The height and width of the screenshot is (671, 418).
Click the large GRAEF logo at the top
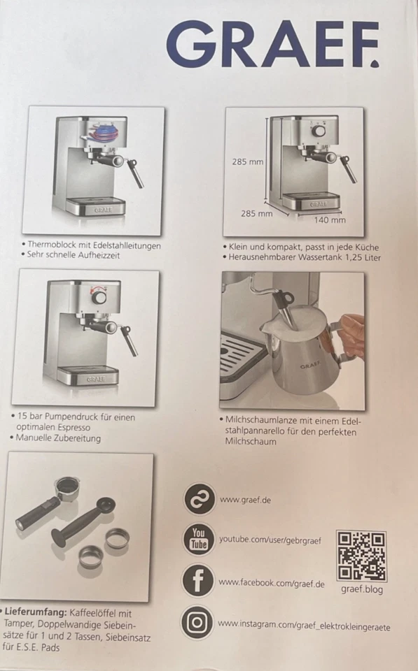point(272,44)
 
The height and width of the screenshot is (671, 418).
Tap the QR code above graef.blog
point(361,556)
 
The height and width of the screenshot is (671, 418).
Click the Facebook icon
point(199,582)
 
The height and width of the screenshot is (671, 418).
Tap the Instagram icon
point(199,622)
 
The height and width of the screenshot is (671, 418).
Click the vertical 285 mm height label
point(248,161)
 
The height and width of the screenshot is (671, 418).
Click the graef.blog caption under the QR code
point(361,589)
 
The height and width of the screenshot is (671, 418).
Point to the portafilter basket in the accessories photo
point(67,486)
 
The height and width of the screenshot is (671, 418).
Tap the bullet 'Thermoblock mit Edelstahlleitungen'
point(95,245)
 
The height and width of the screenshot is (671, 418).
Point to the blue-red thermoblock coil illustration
point(103,133)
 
